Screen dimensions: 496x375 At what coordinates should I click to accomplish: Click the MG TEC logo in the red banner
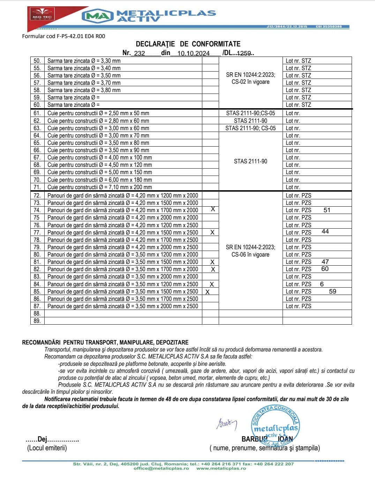pyautogui.click(x=42, y=17)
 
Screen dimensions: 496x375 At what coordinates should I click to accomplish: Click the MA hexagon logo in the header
pyautogui.click(x=97, y=16)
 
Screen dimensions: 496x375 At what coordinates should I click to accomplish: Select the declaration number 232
pyautogui.click(x=140, y=53)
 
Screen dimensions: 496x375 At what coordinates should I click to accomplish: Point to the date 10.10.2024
pyautogui.click(x=194, y=53)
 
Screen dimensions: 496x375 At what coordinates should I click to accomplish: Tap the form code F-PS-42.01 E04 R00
pyautogui.click(x=63, y=36)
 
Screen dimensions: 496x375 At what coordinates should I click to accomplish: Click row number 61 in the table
pyautogui.click(x=37, y=113)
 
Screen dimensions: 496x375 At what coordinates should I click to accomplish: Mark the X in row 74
pyautogui.click(x=213, y=209)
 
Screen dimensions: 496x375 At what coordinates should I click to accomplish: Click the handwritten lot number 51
pyautogui.click(x=327, y=210)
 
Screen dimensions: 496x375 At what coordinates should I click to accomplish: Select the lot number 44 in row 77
pyautogui.click(x=325, y=231)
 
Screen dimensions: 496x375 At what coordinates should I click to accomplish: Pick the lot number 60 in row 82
pyautogui.click(x=325, y=269)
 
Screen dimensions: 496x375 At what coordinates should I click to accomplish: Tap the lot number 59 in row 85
pyautogui.click(x=332, y=291)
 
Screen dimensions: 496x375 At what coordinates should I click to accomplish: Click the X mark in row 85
pyautogui.click(x=208, y=292)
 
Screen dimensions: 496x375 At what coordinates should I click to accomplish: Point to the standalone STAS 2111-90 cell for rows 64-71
pyautogui.click(x=250, y=161)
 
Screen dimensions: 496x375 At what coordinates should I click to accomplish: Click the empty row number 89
pyautogui.click(x=37, y=321)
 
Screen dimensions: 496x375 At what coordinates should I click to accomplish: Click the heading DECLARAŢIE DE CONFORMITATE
pyautogui.click(x=188, y=44)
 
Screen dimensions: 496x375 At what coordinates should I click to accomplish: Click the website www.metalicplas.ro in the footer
pyautogui.click(x=221, y=468)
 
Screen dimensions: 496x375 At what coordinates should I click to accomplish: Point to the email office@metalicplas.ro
pyautogui.click(x=161, y=468)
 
